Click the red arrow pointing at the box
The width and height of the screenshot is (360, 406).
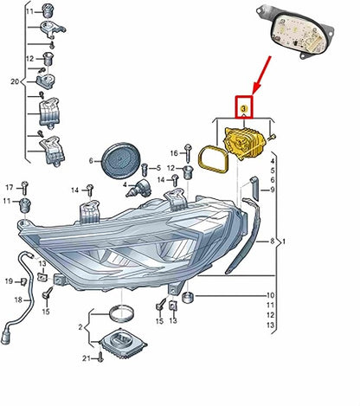click(261, 75)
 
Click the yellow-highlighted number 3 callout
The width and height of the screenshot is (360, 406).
click(244, 109)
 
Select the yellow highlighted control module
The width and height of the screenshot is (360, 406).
click(245, 144)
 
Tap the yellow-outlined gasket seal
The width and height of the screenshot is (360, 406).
click(214, 159)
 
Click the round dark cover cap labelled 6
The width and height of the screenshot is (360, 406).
click(121, 160)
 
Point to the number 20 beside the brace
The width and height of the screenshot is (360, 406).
click(15, 81)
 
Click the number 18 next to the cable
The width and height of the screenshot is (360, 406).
click(18, 300)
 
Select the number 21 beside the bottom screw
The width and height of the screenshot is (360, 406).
click(87, 358)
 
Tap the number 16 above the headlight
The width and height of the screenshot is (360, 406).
click(174, 153)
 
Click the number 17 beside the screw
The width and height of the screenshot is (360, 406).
click(10, 188)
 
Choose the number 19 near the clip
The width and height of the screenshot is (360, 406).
click(9, 280)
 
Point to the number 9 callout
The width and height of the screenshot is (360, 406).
click(273, 190)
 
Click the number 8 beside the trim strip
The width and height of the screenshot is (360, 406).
click(272, 241)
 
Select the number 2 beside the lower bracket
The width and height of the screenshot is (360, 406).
click(80, 327)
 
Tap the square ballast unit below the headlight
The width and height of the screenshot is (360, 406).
click(123, 343)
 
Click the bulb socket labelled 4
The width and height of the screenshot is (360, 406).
click(138, 188)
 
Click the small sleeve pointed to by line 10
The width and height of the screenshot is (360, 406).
click(188, 297)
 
